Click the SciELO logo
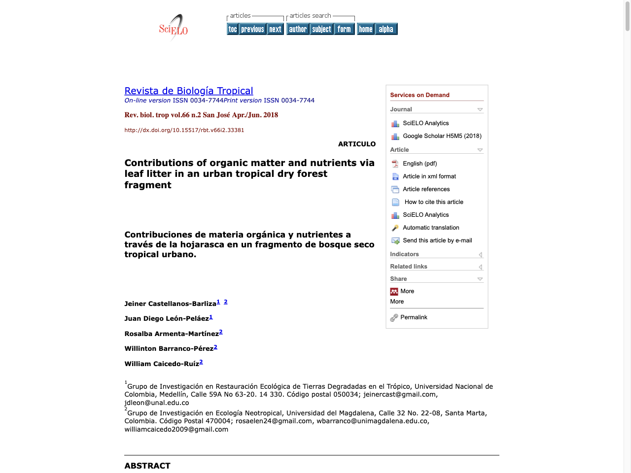pos(174,28)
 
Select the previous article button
pos(252,29)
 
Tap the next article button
pos(275,29)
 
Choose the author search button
pos(298,29)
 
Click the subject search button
pos(321,29)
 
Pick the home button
pos(366,29)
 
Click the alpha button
pos(386,29)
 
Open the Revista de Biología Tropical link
pos(189,91)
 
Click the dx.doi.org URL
pos(184,130)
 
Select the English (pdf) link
pos(420,164)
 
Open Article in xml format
pos(429,176)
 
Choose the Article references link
pos(426,189)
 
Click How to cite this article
pos(434,202)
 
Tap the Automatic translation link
pos(431,228)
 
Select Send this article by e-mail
pos(437,240)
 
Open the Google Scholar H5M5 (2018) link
pos(442,136)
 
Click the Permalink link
pos(414,317)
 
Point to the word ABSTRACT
pos(147,466)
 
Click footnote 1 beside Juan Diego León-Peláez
pos(211,317)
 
